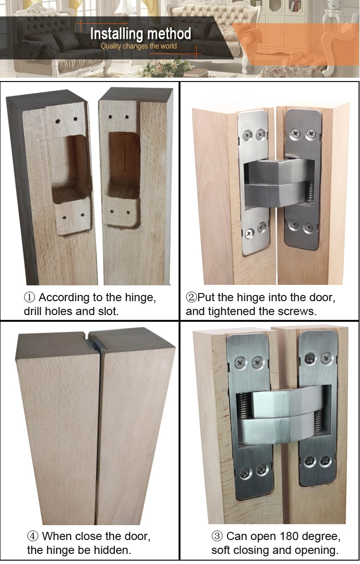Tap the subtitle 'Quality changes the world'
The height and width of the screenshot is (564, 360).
point(139,46)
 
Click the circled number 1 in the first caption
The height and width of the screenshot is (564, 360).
point(30,297)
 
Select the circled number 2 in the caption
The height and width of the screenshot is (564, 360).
point(191,297)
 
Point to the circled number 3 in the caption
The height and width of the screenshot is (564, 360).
point(217,536)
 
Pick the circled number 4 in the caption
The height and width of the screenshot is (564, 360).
point(33,536)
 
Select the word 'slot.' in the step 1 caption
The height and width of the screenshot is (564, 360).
point(108,311)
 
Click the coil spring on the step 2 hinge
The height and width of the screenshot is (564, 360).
point(310,190)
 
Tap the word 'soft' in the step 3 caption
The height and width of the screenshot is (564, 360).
point(223,550)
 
